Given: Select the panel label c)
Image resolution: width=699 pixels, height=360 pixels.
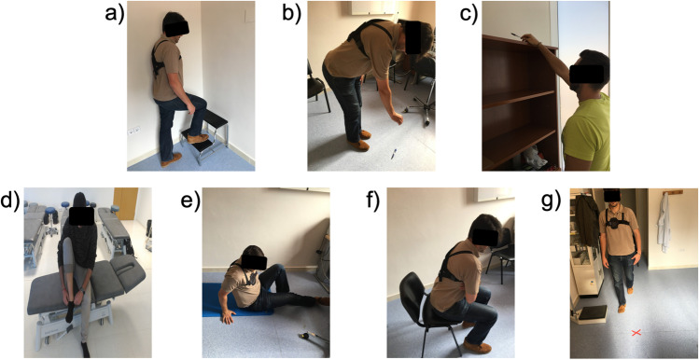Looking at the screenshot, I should click(x=466, y=16).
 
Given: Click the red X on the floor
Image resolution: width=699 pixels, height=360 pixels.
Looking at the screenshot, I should click(x=636, y=333).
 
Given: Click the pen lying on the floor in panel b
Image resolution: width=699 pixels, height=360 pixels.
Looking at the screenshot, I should click(x=393, y=153).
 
